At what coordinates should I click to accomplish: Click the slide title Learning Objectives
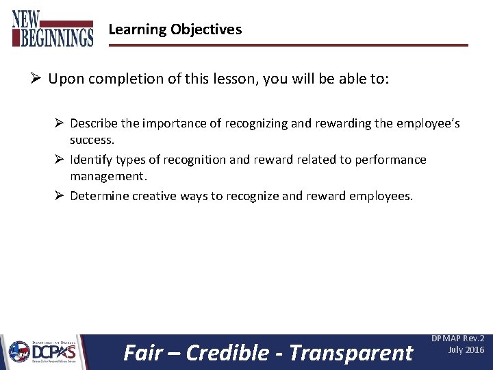175,29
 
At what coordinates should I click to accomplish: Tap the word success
92,139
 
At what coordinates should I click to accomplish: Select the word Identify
91,160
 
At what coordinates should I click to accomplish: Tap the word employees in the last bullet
380,196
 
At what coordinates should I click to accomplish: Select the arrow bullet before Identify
59,160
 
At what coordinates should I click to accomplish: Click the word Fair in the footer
142,352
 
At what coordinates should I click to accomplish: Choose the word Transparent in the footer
351,352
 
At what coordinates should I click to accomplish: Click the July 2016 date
466,350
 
